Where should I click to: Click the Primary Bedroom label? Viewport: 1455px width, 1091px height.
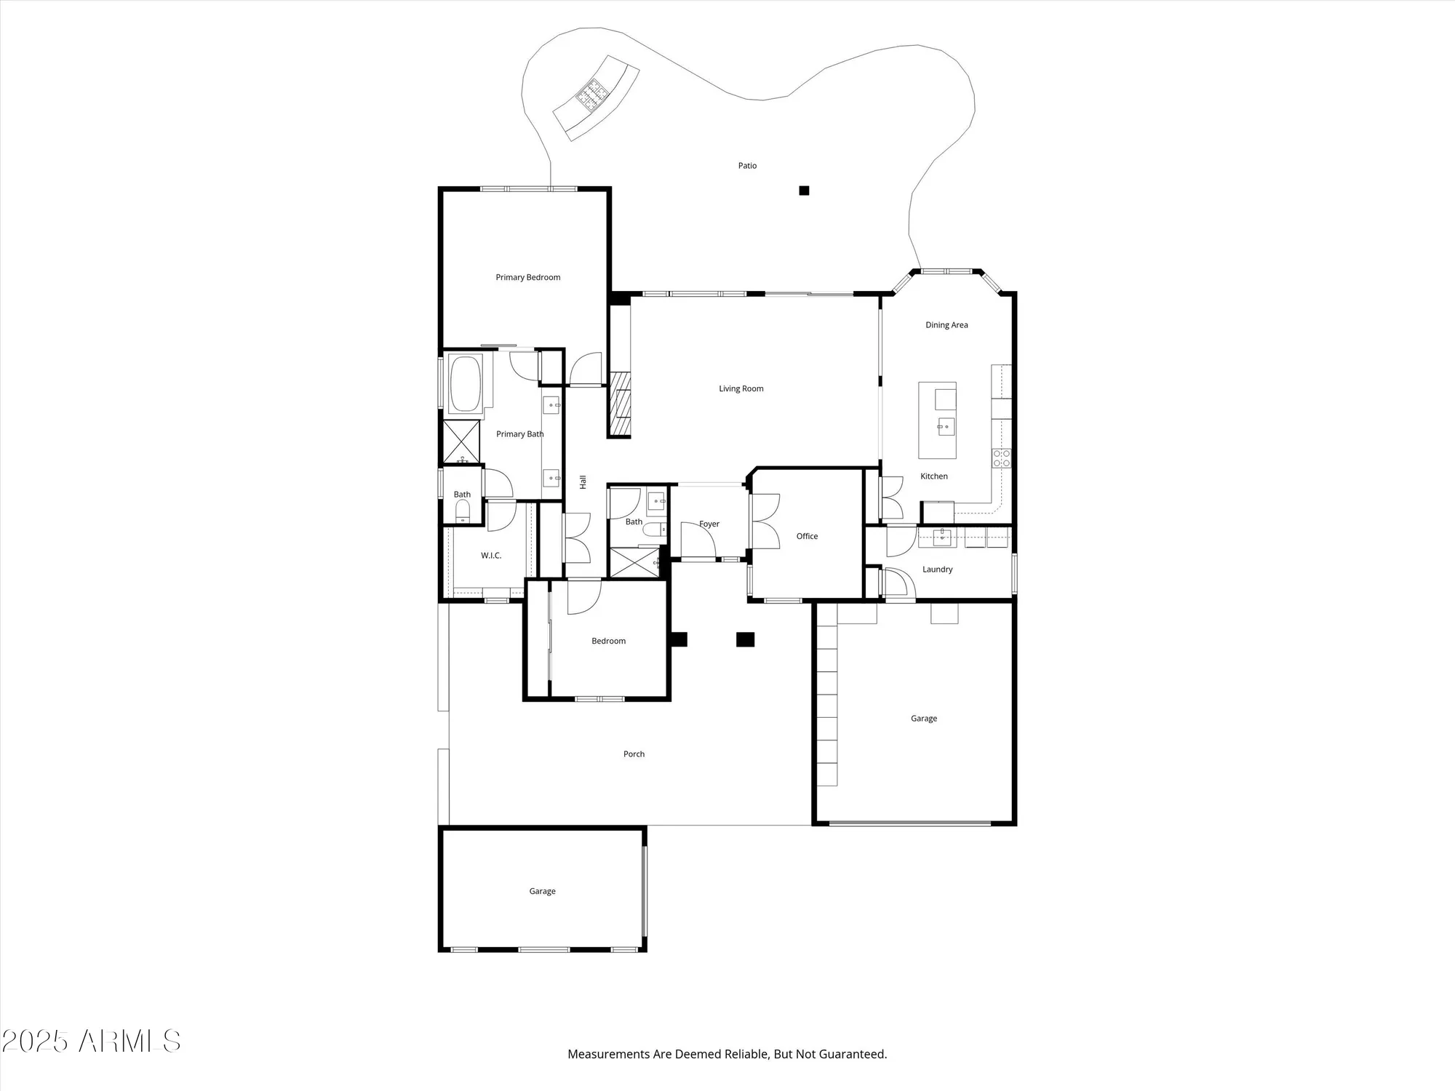point(527,277)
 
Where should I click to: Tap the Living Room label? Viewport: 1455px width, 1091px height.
point(741,388)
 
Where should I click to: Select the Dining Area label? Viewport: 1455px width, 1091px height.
point(946,325)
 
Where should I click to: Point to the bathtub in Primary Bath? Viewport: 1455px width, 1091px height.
point(465,383)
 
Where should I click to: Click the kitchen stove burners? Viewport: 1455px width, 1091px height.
point(1001,457)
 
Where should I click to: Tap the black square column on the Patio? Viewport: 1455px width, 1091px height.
point(804,191)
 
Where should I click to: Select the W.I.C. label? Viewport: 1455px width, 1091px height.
point(491,556)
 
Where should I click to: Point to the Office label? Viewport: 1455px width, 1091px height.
point(807,536)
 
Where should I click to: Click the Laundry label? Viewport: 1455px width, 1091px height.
point(937,570)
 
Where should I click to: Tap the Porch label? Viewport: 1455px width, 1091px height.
point(634,754)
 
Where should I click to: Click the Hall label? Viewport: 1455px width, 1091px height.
point(583,481)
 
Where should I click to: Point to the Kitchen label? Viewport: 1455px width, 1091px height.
point(933,476)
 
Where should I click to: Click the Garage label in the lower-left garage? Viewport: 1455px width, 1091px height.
point(542,891)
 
